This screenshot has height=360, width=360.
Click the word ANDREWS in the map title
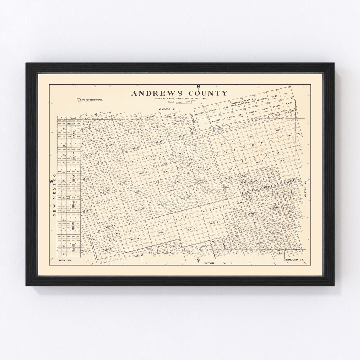(154, 93)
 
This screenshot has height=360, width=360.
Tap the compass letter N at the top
(198, 77)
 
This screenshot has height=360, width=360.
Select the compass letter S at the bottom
(198, 260)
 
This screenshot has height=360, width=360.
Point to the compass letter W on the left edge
(51, 181)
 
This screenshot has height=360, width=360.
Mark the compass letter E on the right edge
(309, 181)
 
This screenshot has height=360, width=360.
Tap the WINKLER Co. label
(65, 260)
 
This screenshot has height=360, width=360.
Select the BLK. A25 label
(71, 124)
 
